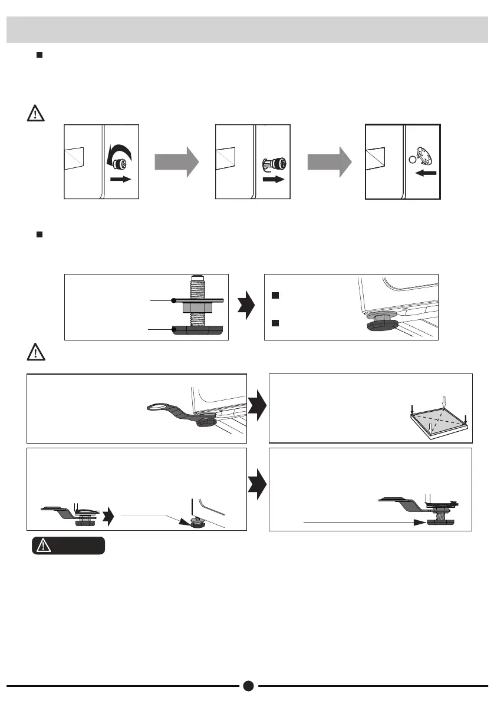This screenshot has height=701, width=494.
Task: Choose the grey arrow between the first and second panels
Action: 176,162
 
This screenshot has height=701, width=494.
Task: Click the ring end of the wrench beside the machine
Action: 157,406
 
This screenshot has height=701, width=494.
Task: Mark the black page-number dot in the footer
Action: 248,686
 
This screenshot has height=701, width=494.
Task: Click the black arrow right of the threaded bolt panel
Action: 246,307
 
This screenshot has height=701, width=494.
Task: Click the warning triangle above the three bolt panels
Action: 36,113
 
